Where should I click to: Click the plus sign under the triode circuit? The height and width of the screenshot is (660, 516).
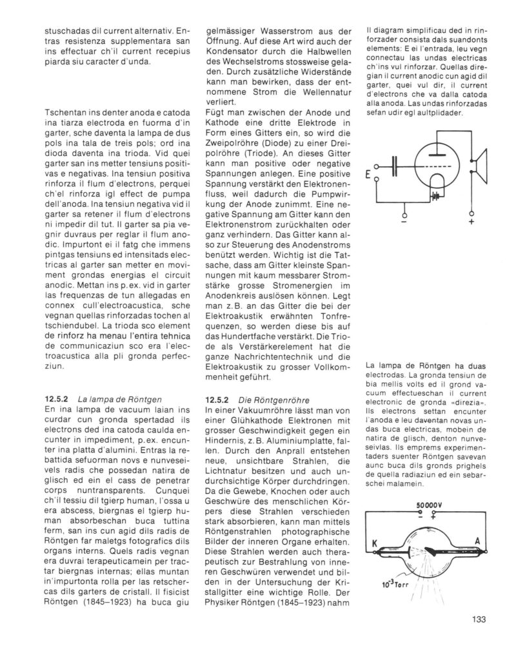[x=471, y=223]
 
